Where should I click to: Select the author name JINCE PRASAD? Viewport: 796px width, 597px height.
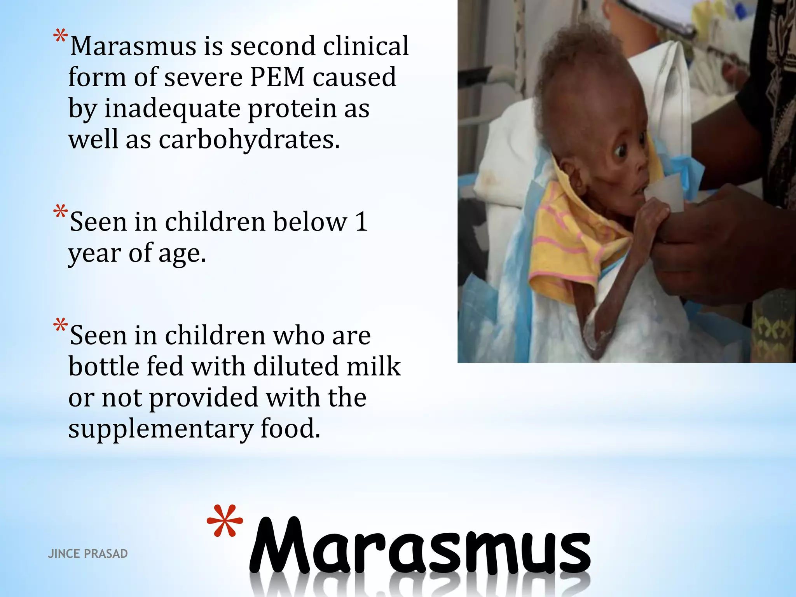pyautogui.click(x=87, y=553)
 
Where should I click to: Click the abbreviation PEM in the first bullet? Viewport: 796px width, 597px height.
pyautogui.click(x=277, y=77)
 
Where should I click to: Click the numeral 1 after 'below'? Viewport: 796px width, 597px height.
pyautogui.click(x=361, y=222)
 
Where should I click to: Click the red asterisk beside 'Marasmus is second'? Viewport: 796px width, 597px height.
pyautogui.click(x=60, y=37)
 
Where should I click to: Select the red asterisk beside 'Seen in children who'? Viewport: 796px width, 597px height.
pyautogui.click(x=60, y=326)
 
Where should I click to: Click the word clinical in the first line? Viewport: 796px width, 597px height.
pyautogui.click(x=365, y=46)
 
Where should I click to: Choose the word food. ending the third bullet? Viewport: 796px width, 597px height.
pyautogui.click(x=290, y=429)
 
